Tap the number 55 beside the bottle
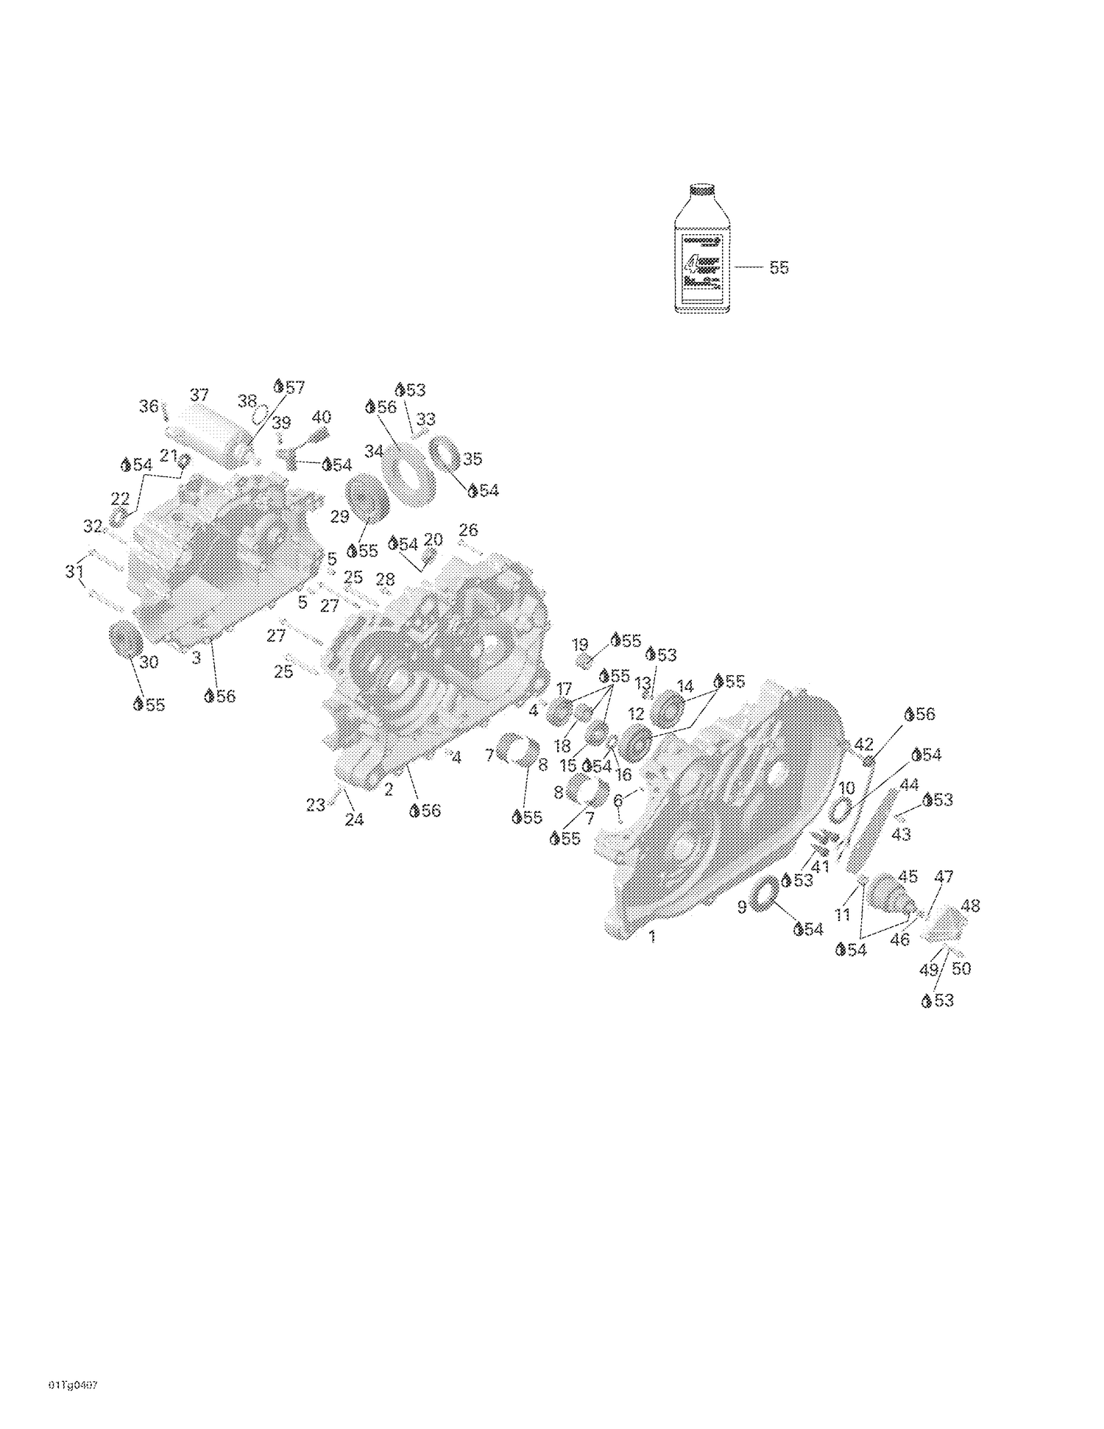(x=779, y=268)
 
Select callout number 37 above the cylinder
(x=199, y=395)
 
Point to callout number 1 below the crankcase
(x=652, y=937)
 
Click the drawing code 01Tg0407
(x=73, y=1385)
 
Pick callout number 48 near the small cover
(x=970, y=906)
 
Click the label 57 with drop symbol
(x=289, y=387)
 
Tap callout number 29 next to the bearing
(x=339, y=517)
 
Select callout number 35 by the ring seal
(x=472, y=459)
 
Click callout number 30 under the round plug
(x=149, y=662)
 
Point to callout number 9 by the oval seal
(x=742, y=908)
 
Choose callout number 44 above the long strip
(x=910, y=785)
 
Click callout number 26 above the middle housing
(x=468, y=529)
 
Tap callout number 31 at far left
(x=74, y=571)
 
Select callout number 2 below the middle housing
(x=389, y=791)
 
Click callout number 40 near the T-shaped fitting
(x=322, y=417)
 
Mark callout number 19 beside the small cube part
(x=580, y=644)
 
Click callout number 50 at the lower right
(x=961, y=969)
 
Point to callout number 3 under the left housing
(x=196, y=658)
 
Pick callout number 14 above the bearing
(x=685, y=687)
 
